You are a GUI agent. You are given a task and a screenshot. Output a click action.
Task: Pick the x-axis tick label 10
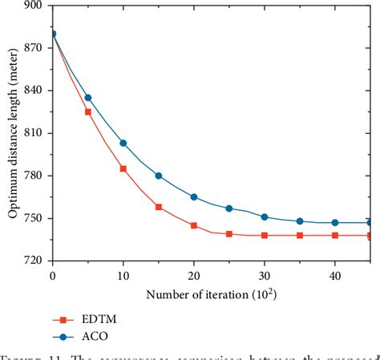coord(123,275)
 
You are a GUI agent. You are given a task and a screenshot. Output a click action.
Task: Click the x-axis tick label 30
coord(264,275)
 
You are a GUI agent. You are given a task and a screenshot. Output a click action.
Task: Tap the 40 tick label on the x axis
coord(334,275)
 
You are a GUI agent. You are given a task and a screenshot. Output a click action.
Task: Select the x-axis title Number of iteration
coord(210,293)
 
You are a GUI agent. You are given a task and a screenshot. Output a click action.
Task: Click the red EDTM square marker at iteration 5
coord(88,112)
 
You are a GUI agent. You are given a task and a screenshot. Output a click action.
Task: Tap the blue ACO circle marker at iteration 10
coord(123,143)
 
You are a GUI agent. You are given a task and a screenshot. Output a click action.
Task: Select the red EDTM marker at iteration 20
coord(194,226)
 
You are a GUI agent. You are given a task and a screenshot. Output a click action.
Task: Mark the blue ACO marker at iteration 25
coord(229,208)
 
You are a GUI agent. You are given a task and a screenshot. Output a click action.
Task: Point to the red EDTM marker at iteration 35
coord(300,236)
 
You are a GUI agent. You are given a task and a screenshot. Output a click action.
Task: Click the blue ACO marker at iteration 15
coord(159,176)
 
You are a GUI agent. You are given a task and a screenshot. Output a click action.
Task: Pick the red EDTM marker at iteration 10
coord(123,168)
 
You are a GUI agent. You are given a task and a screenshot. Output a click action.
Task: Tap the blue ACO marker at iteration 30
coord(265,217)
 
